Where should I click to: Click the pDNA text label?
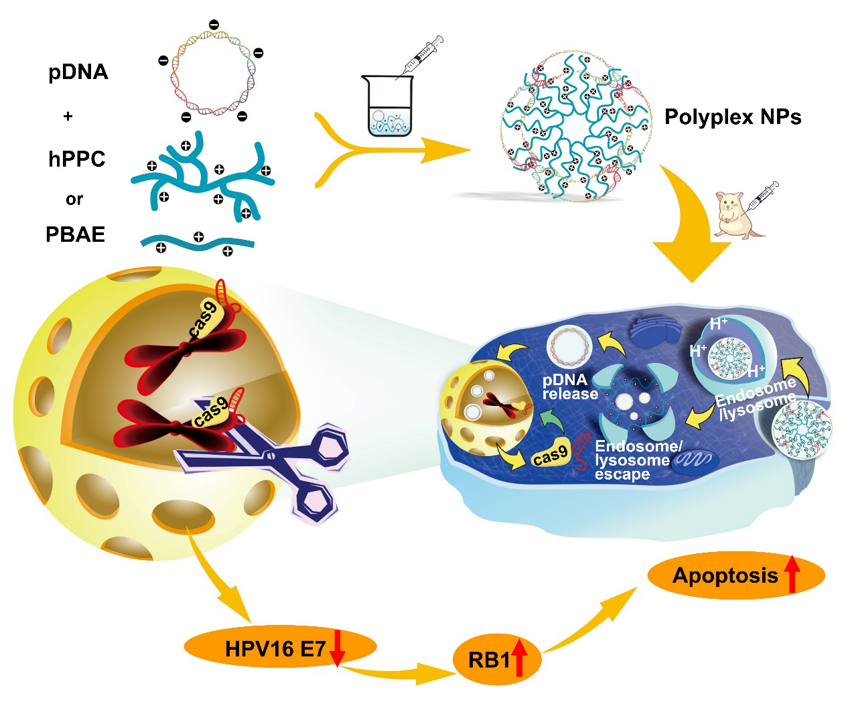point(78,72)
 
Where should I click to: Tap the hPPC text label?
point(77,159)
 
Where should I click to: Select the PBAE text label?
point(76,234)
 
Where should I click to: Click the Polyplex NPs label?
point(733,117)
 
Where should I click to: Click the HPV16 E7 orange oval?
point(280,647)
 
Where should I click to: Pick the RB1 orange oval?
point(496,660)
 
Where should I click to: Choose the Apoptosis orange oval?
point(735,575)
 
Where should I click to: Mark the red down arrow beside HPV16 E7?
point(337,648)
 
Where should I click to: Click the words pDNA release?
point(569,386)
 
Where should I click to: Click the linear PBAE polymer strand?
point(197,242)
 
